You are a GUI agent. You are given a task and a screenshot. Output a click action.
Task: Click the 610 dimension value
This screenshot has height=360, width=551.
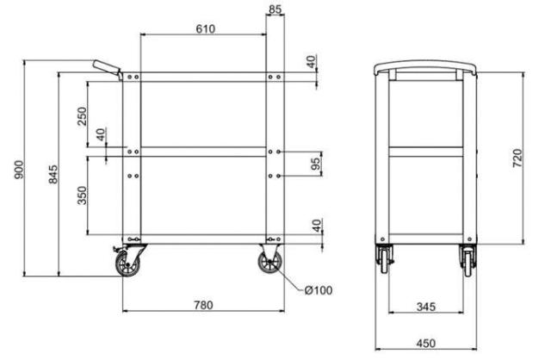pos(206,28)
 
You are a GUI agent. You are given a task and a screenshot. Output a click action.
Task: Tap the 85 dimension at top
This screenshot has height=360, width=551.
pos(275,9)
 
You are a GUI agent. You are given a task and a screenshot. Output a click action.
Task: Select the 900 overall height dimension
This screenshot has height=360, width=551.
pos(19,170)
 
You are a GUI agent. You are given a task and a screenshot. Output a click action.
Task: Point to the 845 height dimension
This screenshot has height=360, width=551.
pos(53,174)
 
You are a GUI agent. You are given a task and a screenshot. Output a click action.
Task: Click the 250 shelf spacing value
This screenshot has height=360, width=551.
pos(82,116)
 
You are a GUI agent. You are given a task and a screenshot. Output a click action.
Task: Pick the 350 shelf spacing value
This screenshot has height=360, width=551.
pos(82,196)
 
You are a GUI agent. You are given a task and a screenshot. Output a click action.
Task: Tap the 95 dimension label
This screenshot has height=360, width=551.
pos(316,164)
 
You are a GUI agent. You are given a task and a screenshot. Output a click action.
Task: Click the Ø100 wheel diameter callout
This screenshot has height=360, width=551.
pos(319,290)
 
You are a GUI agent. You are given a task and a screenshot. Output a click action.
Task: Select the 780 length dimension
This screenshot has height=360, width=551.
pos(203,305)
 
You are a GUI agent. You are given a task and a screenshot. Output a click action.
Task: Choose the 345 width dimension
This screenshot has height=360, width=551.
pos(426,307)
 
